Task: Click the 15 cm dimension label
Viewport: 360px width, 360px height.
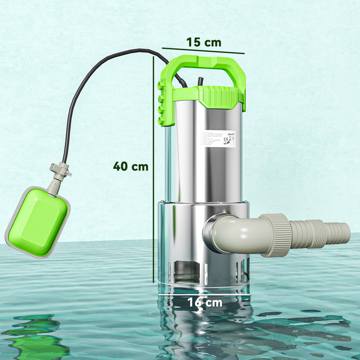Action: (x=204, y=42)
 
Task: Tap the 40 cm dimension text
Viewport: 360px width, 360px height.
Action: (x=130, y=166)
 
